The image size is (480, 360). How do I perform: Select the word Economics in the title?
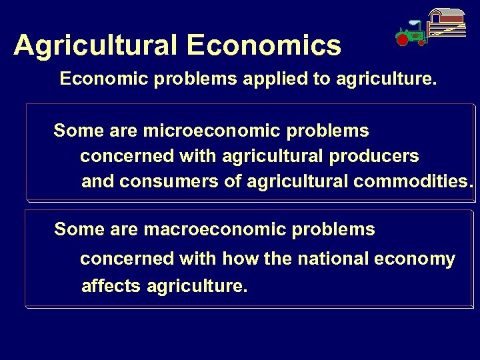[264, 45]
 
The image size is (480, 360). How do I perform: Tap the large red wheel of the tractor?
[402, 39]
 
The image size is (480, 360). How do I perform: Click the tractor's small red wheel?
[421, 43]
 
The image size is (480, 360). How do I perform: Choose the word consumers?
[175, 181]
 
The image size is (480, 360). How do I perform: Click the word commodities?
[413, 181]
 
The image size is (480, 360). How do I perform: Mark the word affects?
[111, 287]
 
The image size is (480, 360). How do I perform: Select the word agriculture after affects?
[197, 287]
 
